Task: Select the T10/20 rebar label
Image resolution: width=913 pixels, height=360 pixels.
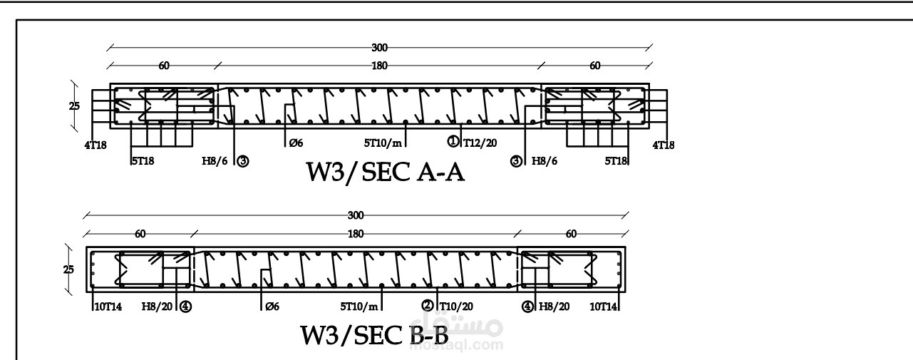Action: click(456, 306)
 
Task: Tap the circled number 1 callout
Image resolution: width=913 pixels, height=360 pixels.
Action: click(453, 141)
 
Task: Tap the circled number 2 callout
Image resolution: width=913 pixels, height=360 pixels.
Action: click(428, 305)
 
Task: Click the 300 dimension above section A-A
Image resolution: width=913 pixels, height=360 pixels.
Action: click(379, 48)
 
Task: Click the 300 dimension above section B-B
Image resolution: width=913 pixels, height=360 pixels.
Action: click(356, 215)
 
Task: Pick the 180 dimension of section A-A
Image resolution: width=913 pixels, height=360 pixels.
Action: click(379, 66)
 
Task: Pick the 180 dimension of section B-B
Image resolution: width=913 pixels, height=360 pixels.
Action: click(356, 233)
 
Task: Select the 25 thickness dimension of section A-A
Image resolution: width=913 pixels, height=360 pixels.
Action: click(75, 106)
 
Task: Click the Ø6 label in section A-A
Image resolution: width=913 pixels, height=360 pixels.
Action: click(296, 143)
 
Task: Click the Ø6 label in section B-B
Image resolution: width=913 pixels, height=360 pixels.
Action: click(271, 307)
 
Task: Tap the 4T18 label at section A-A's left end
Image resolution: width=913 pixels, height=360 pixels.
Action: click(94, 145)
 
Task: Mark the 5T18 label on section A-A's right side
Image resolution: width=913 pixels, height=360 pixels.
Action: click(616, 161)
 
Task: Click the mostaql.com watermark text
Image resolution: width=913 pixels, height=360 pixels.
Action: click(471, 346)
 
